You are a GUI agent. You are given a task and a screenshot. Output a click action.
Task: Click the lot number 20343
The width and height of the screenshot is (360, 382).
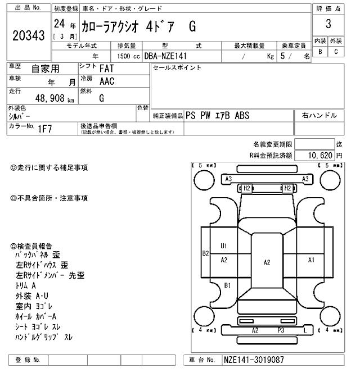click(28, 35)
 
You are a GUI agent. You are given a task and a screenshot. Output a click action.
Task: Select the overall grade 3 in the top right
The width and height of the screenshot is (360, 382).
click(328, 24)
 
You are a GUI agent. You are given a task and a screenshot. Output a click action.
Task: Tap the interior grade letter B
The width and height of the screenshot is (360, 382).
click(320, 52)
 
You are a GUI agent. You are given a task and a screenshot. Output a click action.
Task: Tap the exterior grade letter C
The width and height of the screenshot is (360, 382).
click(336, 52)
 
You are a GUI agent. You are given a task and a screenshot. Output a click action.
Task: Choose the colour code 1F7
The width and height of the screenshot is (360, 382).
click(46, 129)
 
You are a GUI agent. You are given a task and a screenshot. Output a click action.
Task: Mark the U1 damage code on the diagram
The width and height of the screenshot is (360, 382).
click(223, 246)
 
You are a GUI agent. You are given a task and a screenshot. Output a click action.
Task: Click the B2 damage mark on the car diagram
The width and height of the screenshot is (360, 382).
click(206, 253)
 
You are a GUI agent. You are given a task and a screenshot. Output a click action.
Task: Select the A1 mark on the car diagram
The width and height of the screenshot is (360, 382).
click(311, 260)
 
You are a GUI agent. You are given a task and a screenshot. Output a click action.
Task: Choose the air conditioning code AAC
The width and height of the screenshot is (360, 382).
click(107, 81)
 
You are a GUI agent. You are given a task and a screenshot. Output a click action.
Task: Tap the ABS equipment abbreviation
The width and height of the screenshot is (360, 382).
click(257, 116)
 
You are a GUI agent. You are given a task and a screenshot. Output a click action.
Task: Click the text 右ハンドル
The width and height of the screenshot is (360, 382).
click(319, 116)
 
